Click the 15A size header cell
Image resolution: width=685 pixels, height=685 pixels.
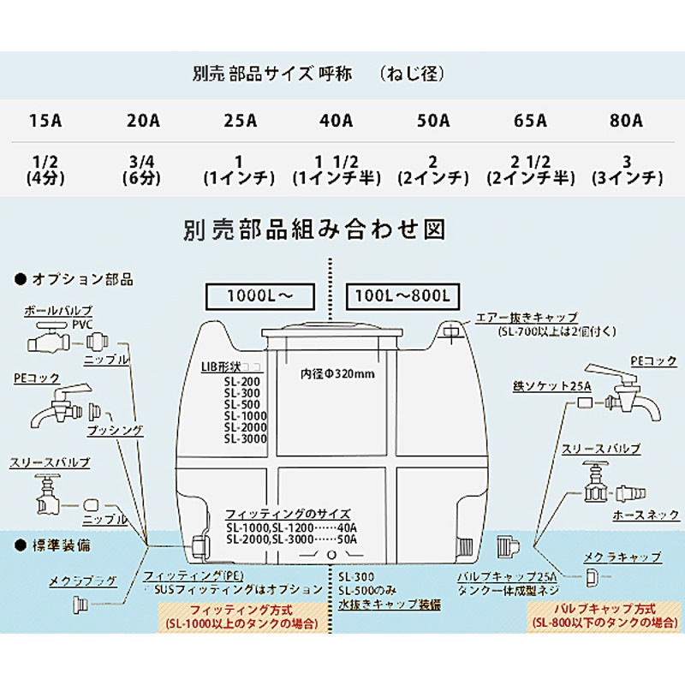45,121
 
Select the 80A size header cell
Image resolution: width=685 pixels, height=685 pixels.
626,121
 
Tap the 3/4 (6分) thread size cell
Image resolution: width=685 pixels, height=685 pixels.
142,170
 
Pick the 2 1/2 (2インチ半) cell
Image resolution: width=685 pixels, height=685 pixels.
529,170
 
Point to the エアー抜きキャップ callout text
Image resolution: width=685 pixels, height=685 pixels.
527,317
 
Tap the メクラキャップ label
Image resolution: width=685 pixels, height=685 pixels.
622,557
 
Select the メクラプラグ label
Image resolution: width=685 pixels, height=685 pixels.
82,581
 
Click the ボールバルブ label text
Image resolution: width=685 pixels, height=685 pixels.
58,309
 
